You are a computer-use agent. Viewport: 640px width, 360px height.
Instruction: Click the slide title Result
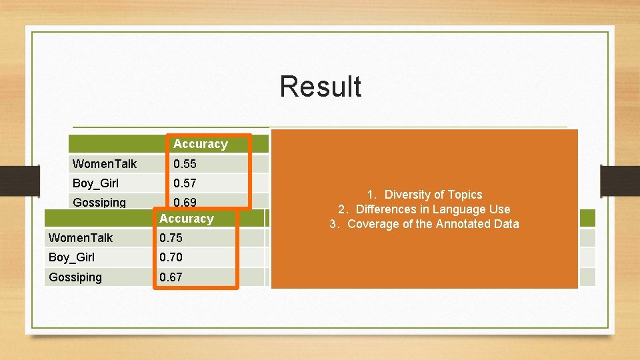(x=320, y=87)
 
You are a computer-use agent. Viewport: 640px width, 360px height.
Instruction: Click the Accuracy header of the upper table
(x=200, y=144)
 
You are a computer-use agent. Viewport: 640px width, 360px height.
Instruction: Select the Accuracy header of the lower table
(x=186, y=219)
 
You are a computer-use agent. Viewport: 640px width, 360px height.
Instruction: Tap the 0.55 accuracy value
(x=185, y=164)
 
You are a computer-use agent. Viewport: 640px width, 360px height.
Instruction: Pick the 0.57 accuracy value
(x=185, y=183)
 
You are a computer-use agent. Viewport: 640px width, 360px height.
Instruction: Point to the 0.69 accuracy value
(x=185, y=202)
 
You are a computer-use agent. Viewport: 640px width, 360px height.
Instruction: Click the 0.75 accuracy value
(x=171, y=238)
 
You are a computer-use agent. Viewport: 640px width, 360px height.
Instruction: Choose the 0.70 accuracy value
(x=171, y=257)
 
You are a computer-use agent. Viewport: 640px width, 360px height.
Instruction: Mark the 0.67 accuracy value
(x=171, y=277)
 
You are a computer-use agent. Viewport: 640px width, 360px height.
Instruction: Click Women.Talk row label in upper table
(x=105, y=164)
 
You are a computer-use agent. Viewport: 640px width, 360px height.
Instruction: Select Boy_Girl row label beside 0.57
(x=95, y=183)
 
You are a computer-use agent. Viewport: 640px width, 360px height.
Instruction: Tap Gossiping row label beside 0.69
(x=99, y=203)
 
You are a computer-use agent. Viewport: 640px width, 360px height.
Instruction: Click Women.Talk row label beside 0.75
(x=81, y=238)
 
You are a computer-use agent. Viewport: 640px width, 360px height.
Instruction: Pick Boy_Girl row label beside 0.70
(x=71, y=257)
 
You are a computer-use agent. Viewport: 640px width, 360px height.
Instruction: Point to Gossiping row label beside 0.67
(x=75, y=277)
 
